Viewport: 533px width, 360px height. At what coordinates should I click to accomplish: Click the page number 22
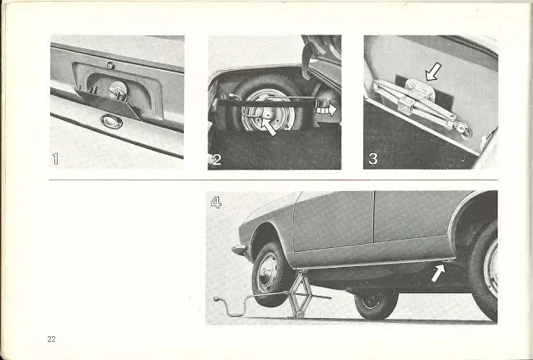[51, 339]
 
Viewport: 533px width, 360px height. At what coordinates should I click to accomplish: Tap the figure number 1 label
[55, 159]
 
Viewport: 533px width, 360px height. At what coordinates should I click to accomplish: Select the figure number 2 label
[217, 160]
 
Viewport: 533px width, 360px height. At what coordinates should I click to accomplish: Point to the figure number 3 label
[373, 159]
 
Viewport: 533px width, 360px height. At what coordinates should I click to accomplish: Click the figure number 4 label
[216, 203]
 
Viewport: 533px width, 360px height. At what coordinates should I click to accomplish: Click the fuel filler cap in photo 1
[118, 90]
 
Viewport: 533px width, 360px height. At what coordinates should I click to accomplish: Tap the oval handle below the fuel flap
[111, 121]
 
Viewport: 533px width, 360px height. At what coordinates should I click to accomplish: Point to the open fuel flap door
[108, 104]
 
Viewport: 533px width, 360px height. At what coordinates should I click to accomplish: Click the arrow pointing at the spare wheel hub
[269, 128]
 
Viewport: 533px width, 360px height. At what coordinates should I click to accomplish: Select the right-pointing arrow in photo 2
[326, 110]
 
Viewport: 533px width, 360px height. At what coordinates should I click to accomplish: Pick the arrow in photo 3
[433, 72]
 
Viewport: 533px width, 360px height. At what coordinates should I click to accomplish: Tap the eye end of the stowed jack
[462, 129]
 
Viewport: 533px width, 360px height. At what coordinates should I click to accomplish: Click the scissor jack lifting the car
[299, 294]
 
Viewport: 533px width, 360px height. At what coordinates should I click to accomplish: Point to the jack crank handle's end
[215, 299]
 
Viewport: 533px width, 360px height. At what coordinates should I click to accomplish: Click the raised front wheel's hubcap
[267, 272]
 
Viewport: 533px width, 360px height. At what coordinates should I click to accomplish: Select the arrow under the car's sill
[437, 274]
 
